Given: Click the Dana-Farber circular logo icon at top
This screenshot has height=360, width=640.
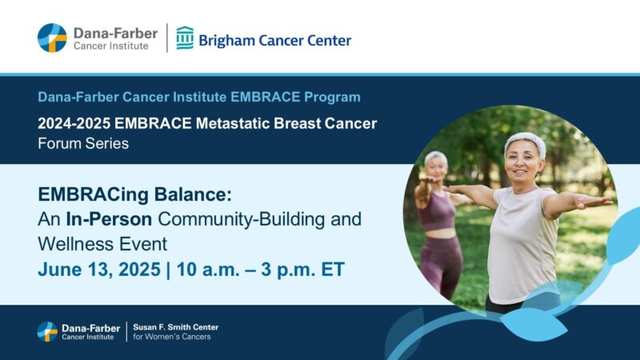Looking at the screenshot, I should tap(52, 38).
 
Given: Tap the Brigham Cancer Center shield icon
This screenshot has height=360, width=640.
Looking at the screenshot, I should tap(185, 38).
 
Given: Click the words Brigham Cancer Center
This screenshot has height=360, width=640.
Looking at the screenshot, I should tap(274, 39).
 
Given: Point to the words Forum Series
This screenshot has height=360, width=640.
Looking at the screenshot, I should tap(83, 144).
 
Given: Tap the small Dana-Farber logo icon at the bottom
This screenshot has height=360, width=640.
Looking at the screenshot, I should tap(47, 331).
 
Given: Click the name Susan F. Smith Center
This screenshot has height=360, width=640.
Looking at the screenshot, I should tap(175, 326).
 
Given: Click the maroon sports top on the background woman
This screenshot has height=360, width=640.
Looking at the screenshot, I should tap(436, 214).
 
